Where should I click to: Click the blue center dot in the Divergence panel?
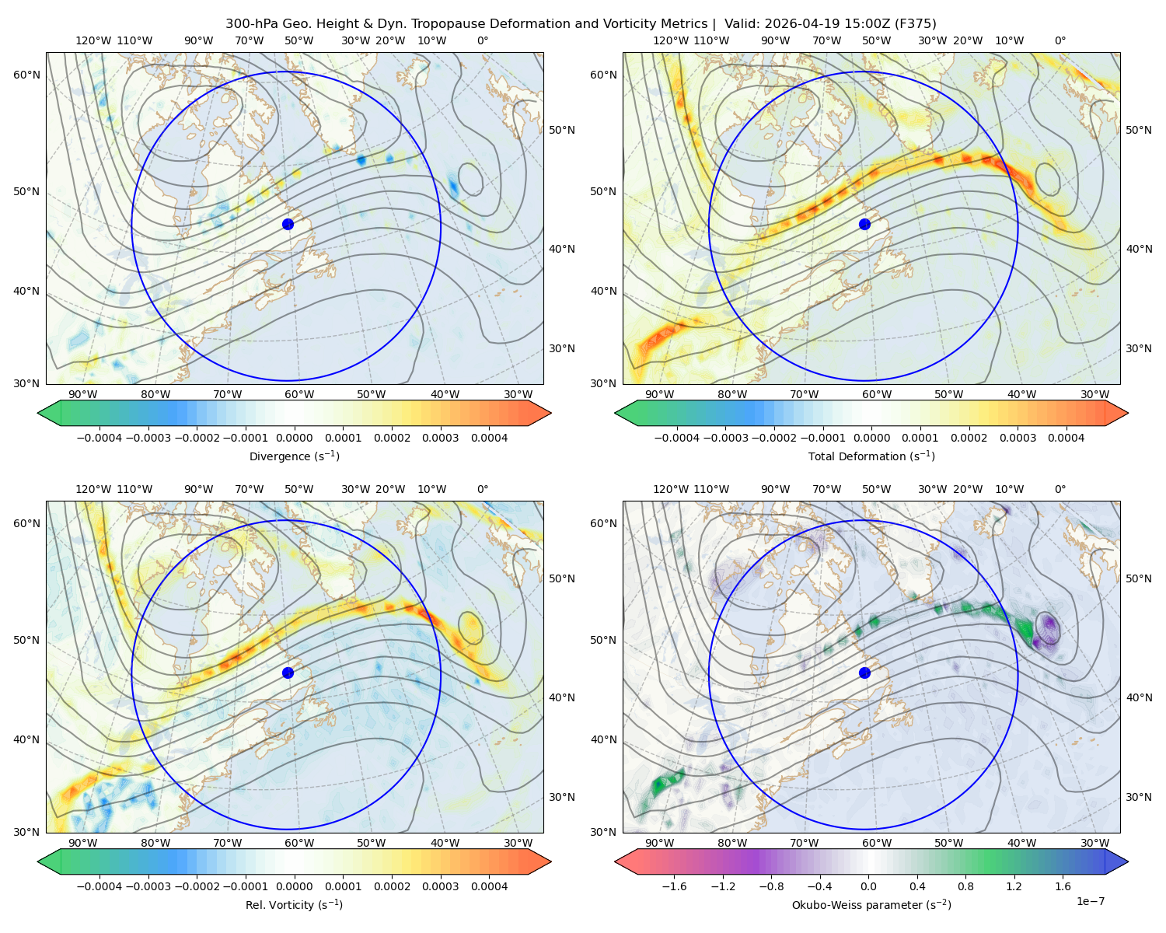(288, 224)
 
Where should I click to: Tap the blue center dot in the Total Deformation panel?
(864, 224)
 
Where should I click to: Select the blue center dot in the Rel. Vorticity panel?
(288, 673)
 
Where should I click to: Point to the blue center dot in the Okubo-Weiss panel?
(864, 673)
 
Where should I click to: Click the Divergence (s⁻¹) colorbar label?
(294, 456)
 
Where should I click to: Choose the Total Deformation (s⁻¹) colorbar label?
(871, 456)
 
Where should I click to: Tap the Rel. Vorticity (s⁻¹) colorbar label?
(294, 904)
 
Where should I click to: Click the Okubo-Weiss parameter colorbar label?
(871, 904)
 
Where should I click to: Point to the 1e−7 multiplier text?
(1090, 901)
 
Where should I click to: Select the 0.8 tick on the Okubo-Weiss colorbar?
(965, 886)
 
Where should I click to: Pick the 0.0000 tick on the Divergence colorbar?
(294, 438)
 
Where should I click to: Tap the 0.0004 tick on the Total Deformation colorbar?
(1066, 438)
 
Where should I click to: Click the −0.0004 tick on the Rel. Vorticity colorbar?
(99, 886)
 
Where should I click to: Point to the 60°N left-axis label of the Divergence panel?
(26, 75)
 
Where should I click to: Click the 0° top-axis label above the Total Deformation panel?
(1060, 40)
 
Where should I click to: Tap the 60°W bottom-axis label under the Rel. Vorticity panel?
(299, 843)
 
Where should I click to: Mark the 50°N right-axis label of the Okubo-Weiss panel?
(1138, 578)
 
